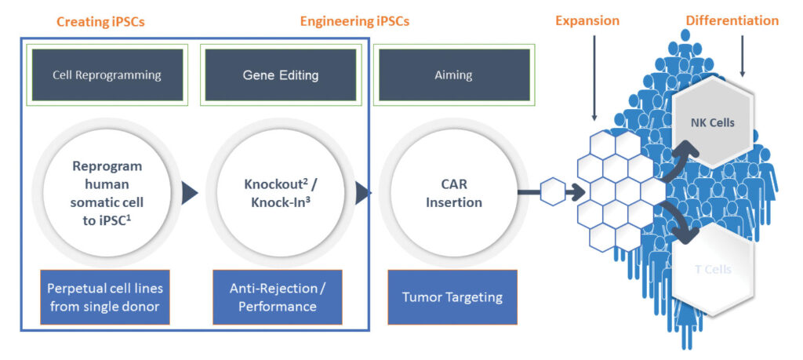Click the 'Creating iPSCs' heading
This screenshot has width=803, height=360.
tap(101, 21)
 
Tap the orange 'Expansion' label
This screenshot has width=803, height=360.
tap(587, 21)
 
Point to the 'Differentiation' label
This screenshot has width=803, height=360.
tap(732, 21)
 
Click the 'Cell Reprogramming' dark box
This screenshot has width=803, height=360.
tap(107, 75)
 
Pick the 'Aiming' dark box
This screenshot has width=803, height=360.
tap(453, 75)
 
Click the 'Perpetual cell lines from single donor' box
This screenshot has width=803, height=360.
tap(107, 298)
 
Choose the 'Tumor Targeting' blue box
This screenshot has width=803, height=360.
tap(452, 298)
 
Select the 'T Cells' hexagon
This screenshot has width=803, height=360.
tap(714, 269)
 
